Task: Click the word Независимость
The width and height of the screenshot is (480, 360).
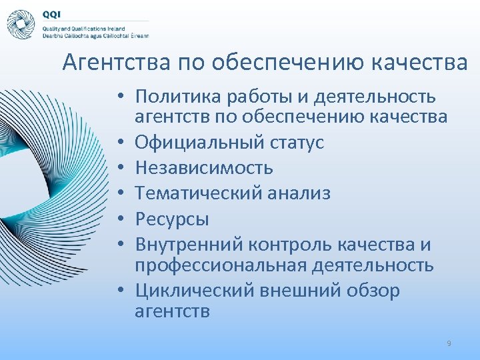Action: click(204, 167)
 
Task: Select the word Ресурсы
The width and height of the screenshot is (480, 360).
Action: click(172, 218)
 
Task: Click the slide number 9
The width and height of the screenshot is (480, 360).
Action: click(449, 343)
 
